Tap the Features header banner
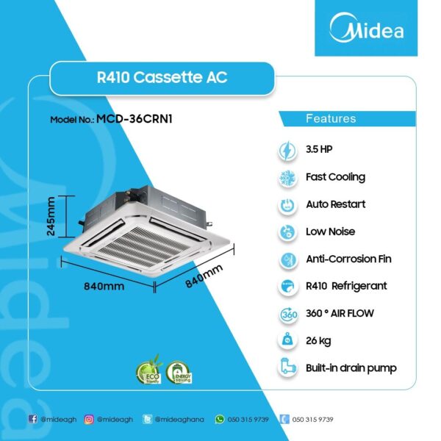(330, 118)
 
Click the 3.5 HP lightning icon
(287, 150)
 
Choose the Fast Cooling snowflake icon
(287, 178)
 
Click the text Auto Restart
(335, 204)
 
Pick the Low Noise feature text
(330, 232)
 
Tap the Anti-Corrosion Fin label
(348, 259)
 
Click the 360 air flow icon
(287, 314)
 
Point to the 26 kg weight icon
(287, 340)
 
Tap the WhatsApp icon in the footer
(218, 419)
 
